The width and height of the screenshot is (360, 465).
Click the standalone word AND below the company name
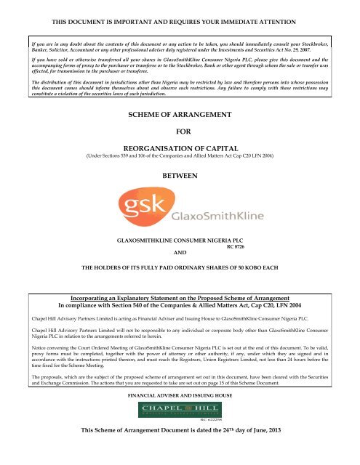click(x=180, y=254)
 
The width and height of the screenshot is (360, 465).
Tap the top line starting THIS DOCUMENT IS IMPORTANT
click(x=180, y=8)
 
